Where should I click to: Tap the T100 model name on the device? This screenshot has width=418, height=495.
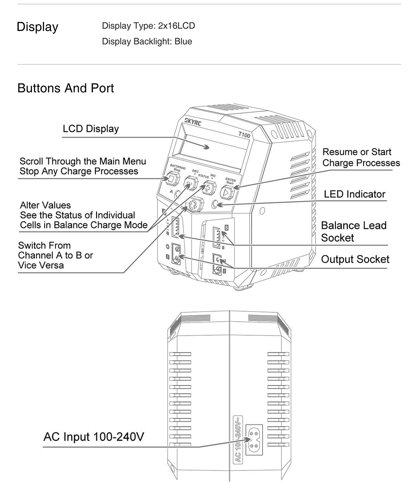tap(244, 135)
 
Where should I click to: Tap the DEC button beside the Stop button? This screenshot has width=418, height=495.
tap(191, 183)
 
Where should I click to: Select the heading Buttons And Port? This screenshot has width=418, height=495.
tap(66, 88)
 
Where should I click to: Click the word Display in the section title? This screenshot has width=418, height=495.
tap(38, 27)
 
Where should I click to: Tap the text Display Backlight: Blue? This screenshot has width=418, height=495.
tap(147, 42)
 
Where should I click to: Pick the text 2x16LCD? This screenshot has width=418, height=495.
tap(176, 26)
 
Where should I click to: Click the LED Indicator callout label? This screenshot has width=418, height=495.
tap(354, 194)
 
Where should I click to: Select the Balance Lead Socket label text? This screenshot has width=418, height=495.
tap(354, 232)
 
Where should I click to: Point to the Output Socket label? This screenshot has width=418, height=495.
tap(355, 259)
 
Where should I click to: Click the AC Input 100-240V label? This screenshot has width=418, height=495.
tap(94, 437)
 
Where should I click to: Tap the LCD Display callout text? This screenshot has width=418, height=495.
tap(91, 129)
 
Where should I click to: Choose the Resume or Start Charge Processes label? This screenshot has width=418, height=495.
tap(361, 157)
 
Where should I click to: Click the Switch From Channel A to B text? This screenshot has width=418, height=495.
tap(56, 255)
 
